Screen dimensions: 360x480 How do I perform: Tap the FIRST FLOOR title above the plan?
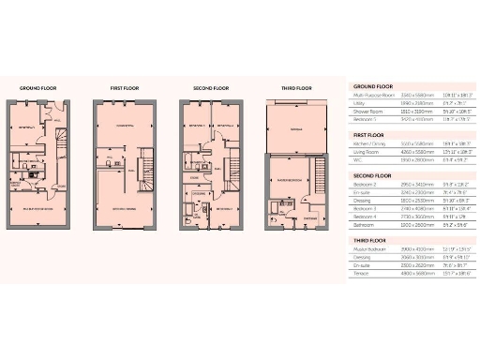(125, 88)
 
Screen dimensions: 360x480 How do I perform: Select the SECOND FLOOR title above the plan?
(211, 88)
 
